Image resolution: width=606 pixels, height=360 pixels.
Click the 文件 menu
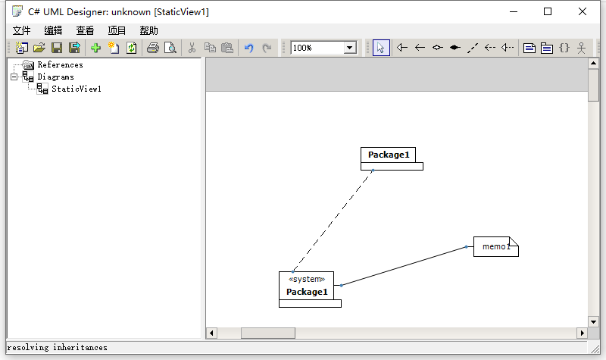(22, 30)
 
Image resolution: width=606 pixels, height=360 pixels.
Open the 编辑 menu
(53, 30)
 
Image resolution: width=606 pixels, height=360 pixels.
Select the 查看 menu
(85, 30)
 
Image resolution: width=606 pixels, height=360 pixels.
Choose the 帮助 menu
(148, 30)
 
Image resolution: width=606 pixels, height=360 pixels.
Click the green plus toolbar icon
(96, 48)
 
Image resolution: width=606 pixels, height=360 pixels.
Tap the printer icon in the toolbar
(153, 48)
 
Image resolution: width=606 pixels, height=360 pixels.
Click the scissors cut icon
(192, 48)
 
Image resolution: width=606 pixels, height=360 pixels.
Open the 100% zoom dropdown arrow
(350, 48)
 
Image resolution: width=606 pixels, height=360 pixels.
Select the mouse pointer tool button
(381, 48)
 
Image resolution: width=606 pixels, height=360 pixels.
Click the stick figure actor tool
(581, 48)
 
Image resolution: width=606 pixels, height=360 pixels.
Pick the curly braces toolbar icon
(564, 48)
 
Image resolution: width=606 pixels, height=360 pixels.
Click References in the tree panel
(60, 64)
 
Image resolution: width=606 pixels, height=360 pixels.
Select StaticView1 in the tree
(77, 89)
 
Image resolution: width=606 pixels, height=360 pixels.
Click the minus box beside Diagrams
(14, 77)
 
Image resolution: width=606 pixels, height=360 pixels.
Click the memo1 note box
(496, 247)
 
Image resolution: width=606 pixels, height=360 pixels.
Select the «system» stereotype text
(307, 279)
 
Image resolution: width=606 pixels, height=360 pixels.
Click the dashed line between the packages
(333, 221)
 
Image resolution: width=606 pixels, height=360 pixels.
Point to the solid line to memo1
(404, 266)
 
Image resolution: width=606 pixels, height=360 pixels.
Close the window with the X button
(583, 11)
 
